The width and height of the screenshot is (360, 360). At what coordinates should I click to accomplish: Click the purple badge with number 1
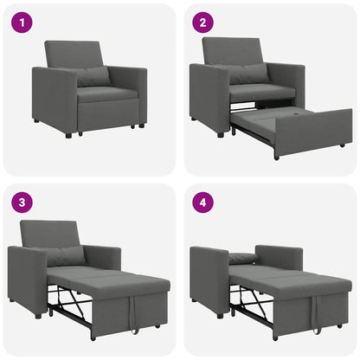click(22, 22)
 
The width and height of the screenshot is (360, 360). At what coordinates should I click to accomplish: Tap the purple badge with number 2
click(202, 22)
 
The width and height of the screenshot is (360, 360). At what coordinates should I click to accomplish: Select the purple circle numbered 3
click(22, 203)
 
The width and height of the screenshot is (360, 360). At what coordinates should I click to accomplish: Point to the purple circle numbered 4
click(202, 203)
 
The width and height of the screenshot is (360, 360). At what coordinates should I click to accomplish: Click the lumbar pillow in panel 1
click(93, 76)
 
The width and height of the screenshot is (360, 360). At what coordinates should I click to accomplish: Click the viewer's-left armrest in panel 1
click(53, 100)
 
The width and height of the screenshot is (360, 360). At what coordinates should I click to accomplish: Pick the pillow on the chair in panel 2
click(249, 74)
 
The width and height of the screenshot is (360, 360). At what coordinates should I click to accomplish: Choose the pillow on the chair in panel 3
click(66, 254)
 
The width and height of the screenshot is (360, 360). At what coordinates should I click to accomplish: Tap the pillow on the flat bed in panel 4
click(243, 258)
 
